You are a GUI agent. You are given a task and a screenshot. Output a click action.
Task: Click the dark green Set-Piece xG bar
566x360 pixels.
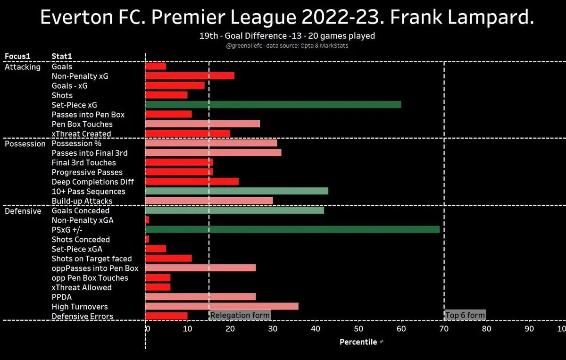coord(273,105)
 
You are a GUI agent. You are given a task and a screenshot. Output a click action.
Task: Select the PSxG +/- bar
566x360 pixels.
coord(292,230)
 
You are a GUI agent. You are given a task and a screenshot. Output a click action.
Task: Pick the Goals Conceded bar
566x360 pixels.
coord(234,210)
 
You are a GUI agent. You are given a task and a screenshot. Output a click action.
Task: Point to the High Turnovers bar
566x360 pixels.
coord(222,307)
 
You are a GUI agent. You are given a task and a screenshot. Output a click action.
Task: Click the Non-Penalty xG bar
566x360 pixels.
coord(190,76)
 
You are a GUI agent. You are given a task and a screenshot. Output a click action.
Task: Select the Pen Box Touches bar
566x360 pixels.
coord(202,124)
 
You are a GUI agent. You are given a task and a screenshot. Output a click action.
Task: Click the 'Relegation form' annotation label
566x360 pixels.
coord(240,316)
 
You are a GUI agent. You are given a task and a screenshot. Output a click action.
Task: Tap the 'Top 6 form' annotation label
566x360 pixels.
coord(465,316)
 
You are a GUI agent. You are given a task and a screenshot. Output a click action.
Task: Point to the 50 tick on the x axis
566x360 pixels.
coord(358,329)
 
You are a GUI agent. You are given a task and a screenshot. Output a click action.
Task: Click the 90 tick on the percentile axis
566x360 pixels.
coord(529,329)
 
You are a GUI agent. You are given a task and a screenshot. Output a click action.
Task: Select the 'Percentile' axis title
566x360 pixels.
coord(358,342)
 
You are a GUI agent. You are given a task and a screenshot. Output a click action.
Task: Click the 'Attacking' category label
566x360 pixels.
coord(23,67)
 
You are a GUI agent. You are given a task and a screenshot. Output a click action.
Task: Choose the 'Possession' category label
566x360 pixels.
coord(25,144)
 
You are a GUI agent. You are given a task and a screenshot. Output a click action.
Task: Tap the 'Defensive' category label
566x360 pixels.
coord(23,211)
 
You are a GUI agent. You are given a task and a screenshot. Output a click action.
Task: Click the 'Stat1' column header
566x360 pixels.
coord(62,57)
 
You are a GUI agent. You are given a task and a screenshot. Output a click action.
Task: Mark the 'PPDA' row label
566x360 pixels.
coord(62,297)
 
